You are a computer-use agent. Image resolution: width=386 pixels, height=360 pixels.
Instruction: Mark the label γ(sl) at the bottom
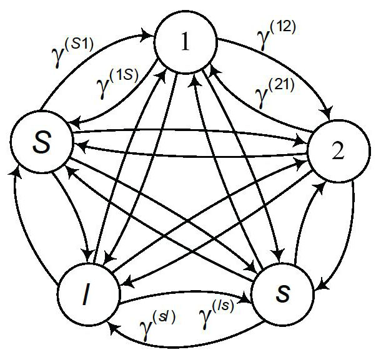pos(156,324)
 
